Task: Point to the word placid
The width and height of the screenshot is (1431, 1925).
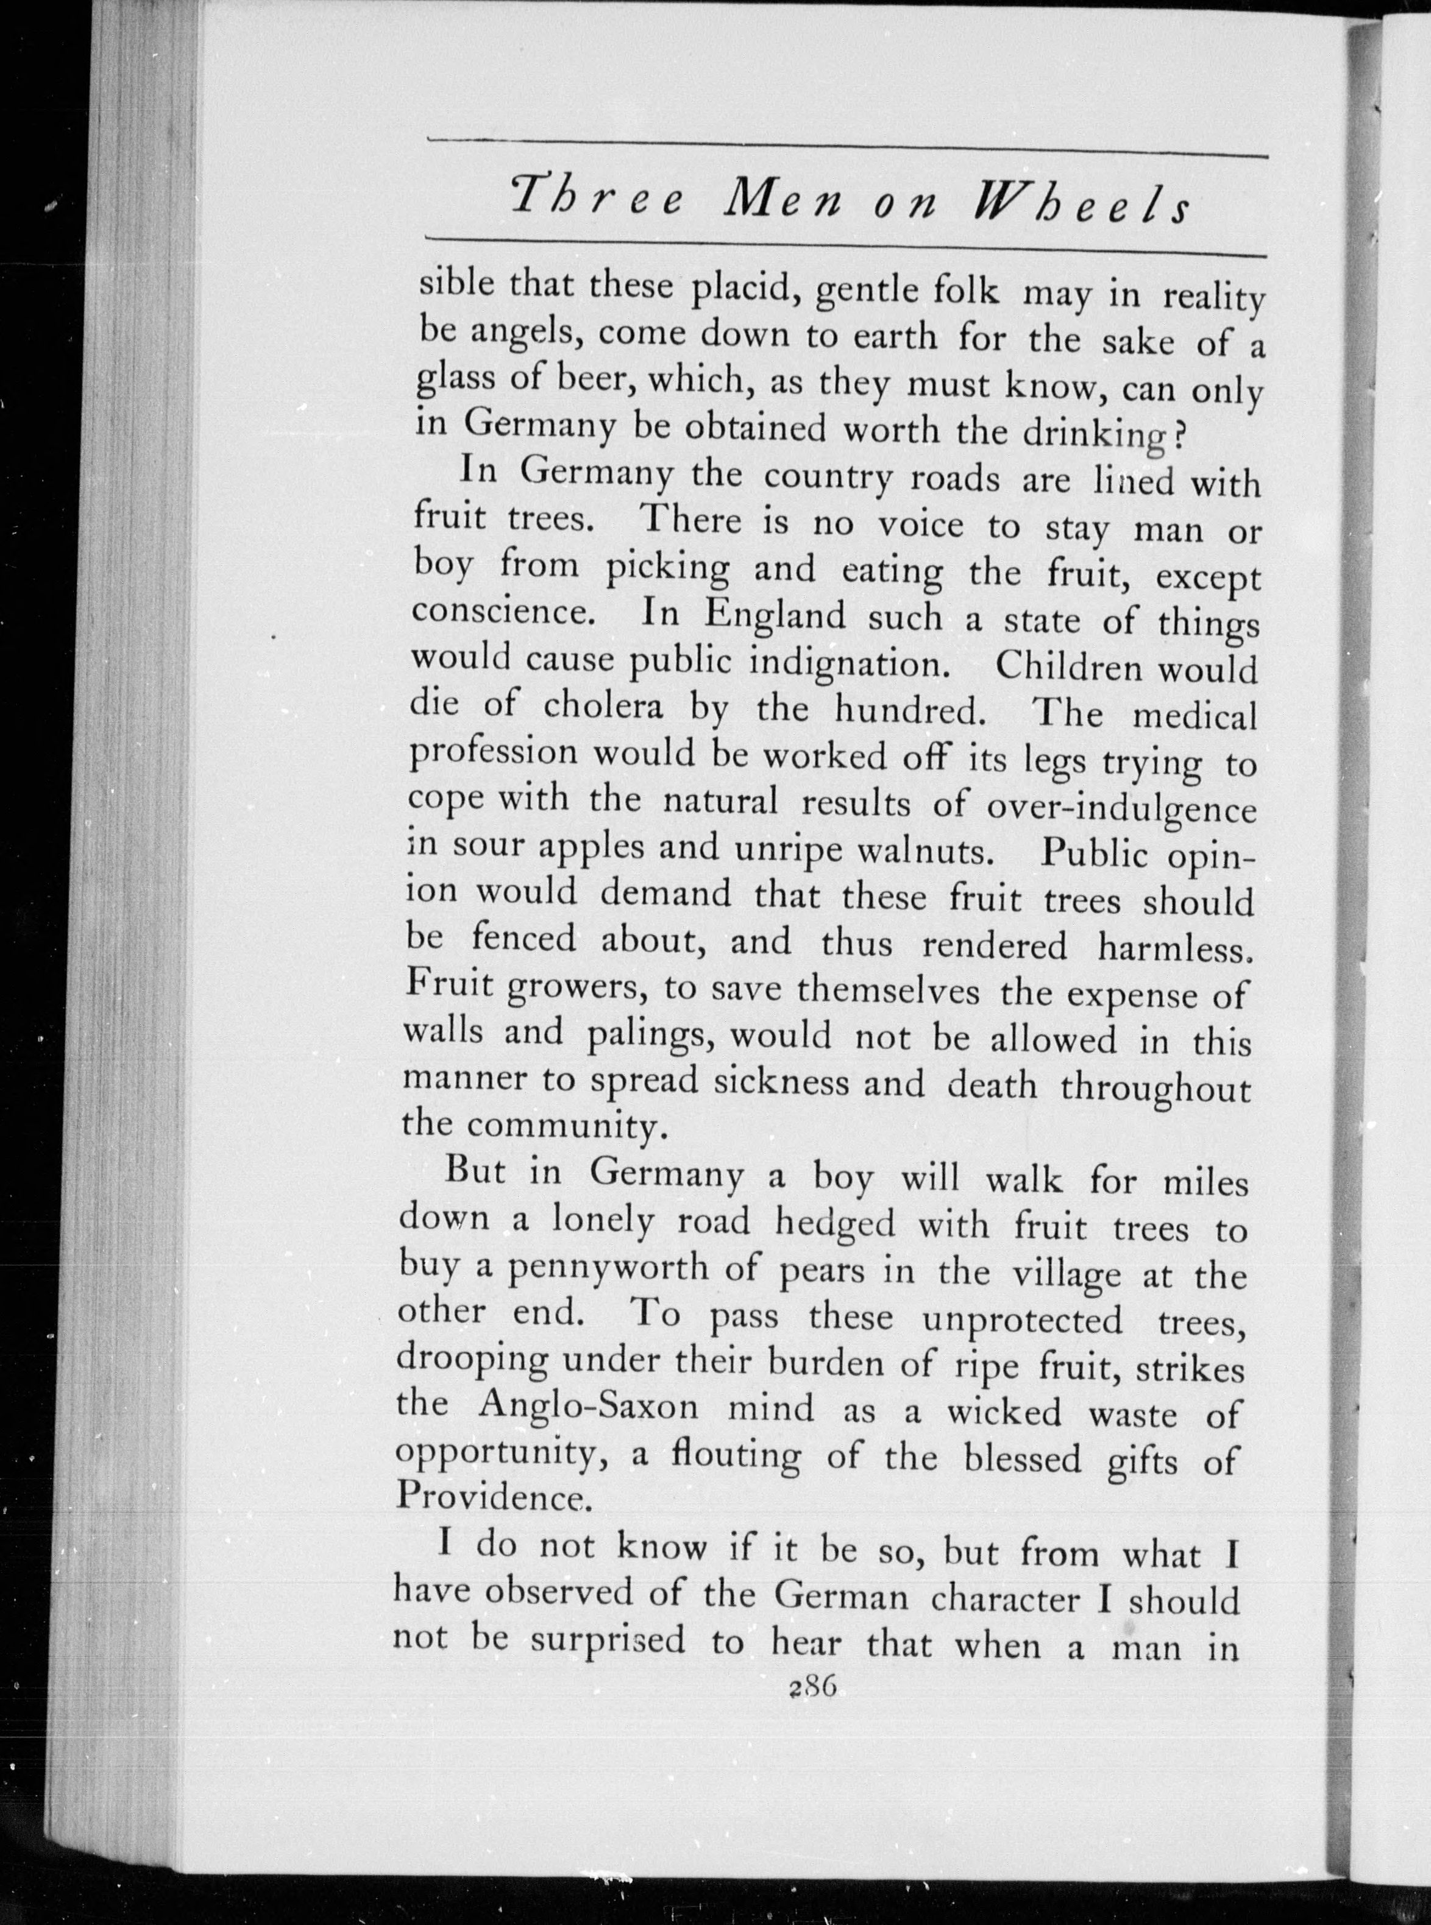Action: tap(742, 292)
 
